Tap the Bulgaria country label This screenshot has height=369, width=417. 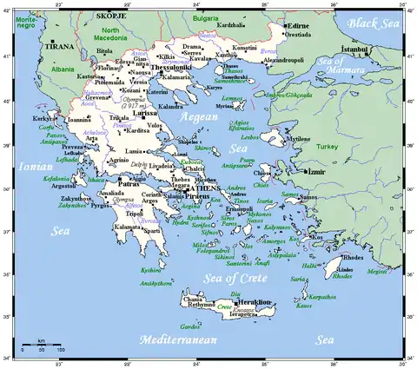[x=206, y=16]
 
